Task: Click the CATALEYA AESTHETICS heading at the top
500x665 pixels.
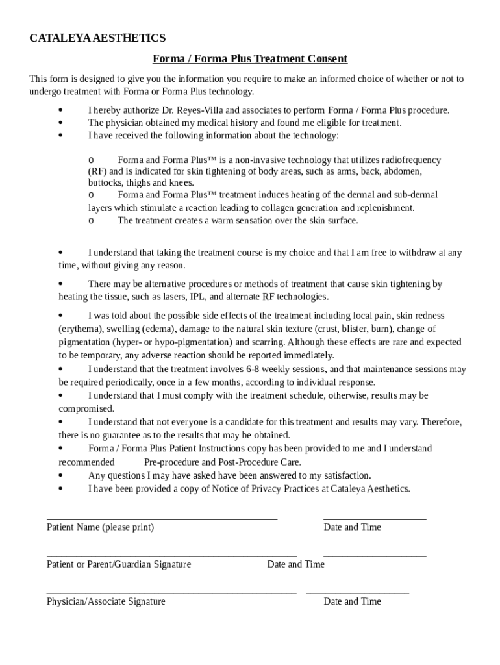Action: coord(97,38)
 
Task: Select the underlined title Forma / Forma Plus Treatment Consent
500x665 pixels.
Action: coord(250,59)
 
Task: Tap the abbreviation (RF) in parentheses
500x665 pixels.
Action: coord(98,171)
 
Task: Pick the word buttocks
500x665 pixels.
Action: coord(105,183)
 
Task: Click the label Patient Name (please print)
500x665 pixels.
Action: coord(100,527)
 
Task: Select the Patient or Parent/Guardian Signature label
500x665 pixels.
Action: coord(119,564)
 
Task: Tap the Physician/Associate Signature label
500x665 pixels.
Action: coord(106,601)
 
